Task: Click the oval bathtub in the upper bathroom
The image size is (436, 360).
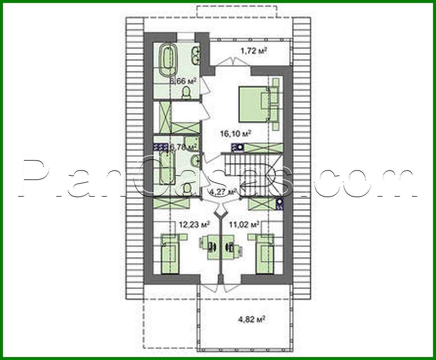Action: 168,61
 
